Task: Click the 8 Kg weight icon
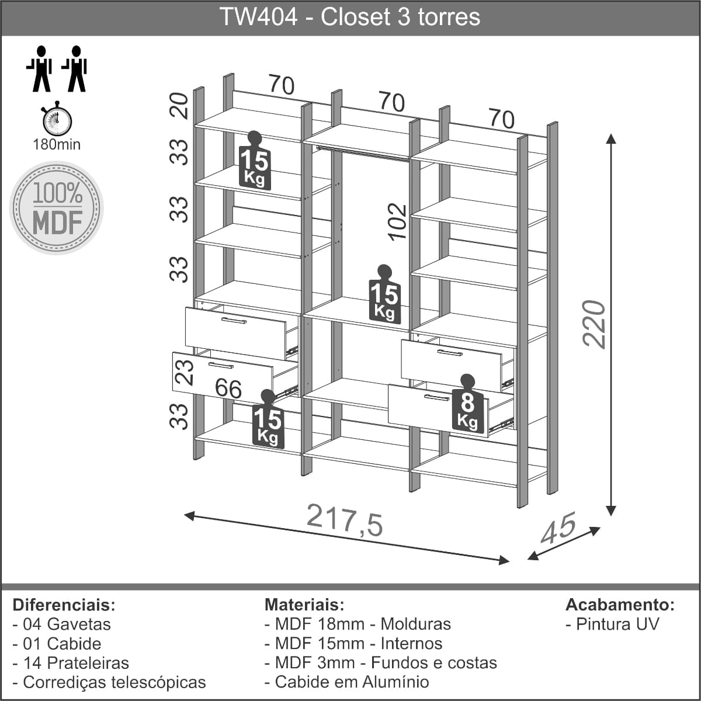(x=468, y=405)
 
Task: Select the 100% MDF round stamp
(x=57, y=208)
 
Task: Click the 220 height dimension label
(x=594, y=324)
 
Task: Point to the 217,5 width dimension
(x=345, y=520)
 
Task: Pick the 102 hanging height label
(x=397, y=222)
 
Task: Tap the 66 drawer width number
(x=228, y=388)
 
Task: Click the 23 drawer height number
(x=184, y=372)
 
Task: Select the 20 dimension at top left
(x=179, y=106)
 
